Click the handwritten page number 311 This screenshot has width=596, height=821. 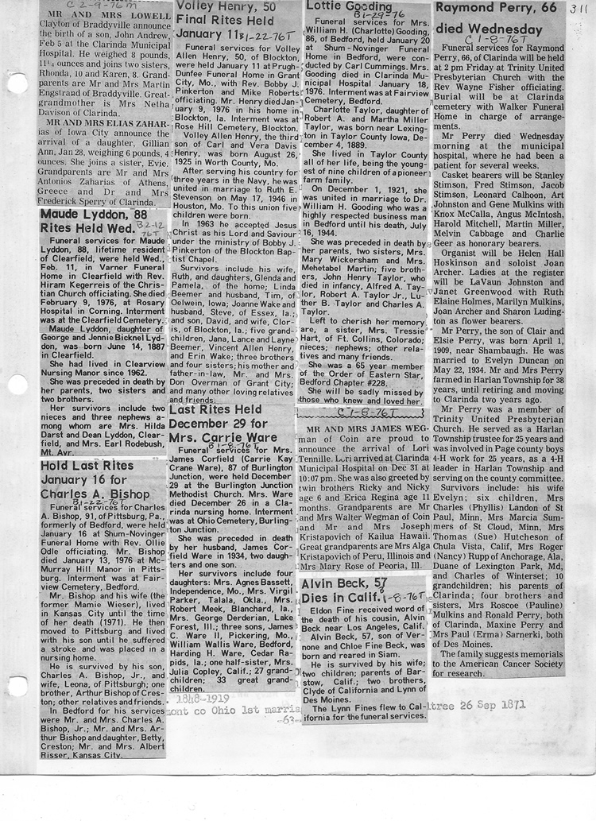click(x=577, y=8)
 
